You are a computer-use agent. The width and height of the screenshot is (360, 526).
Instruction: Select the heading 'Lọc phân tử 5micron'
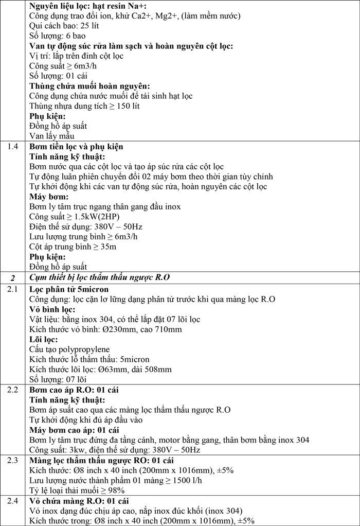coord(69,289)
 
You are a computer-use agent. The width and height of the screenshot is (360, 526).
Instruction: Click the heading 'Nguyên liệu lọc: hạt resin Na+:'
coord(87,6)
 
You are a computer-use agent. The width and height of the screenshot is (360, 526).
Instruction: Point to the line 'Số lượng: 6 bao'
coord(57,36)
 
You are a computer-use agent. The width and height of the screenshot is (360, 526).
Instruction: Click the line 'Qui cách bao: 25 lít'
coord(63,26)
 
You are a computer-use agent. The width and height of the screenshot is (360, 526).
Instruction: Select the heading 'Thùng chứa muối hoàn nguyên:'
coord(82,86)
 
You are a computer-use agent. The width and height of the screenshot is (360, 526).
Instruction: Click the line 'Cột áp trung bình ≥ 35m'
coord(73,247)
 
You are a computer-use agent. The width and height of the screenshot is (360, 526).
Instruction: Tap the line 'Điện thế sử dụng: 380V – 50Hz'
coord(84,226)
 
